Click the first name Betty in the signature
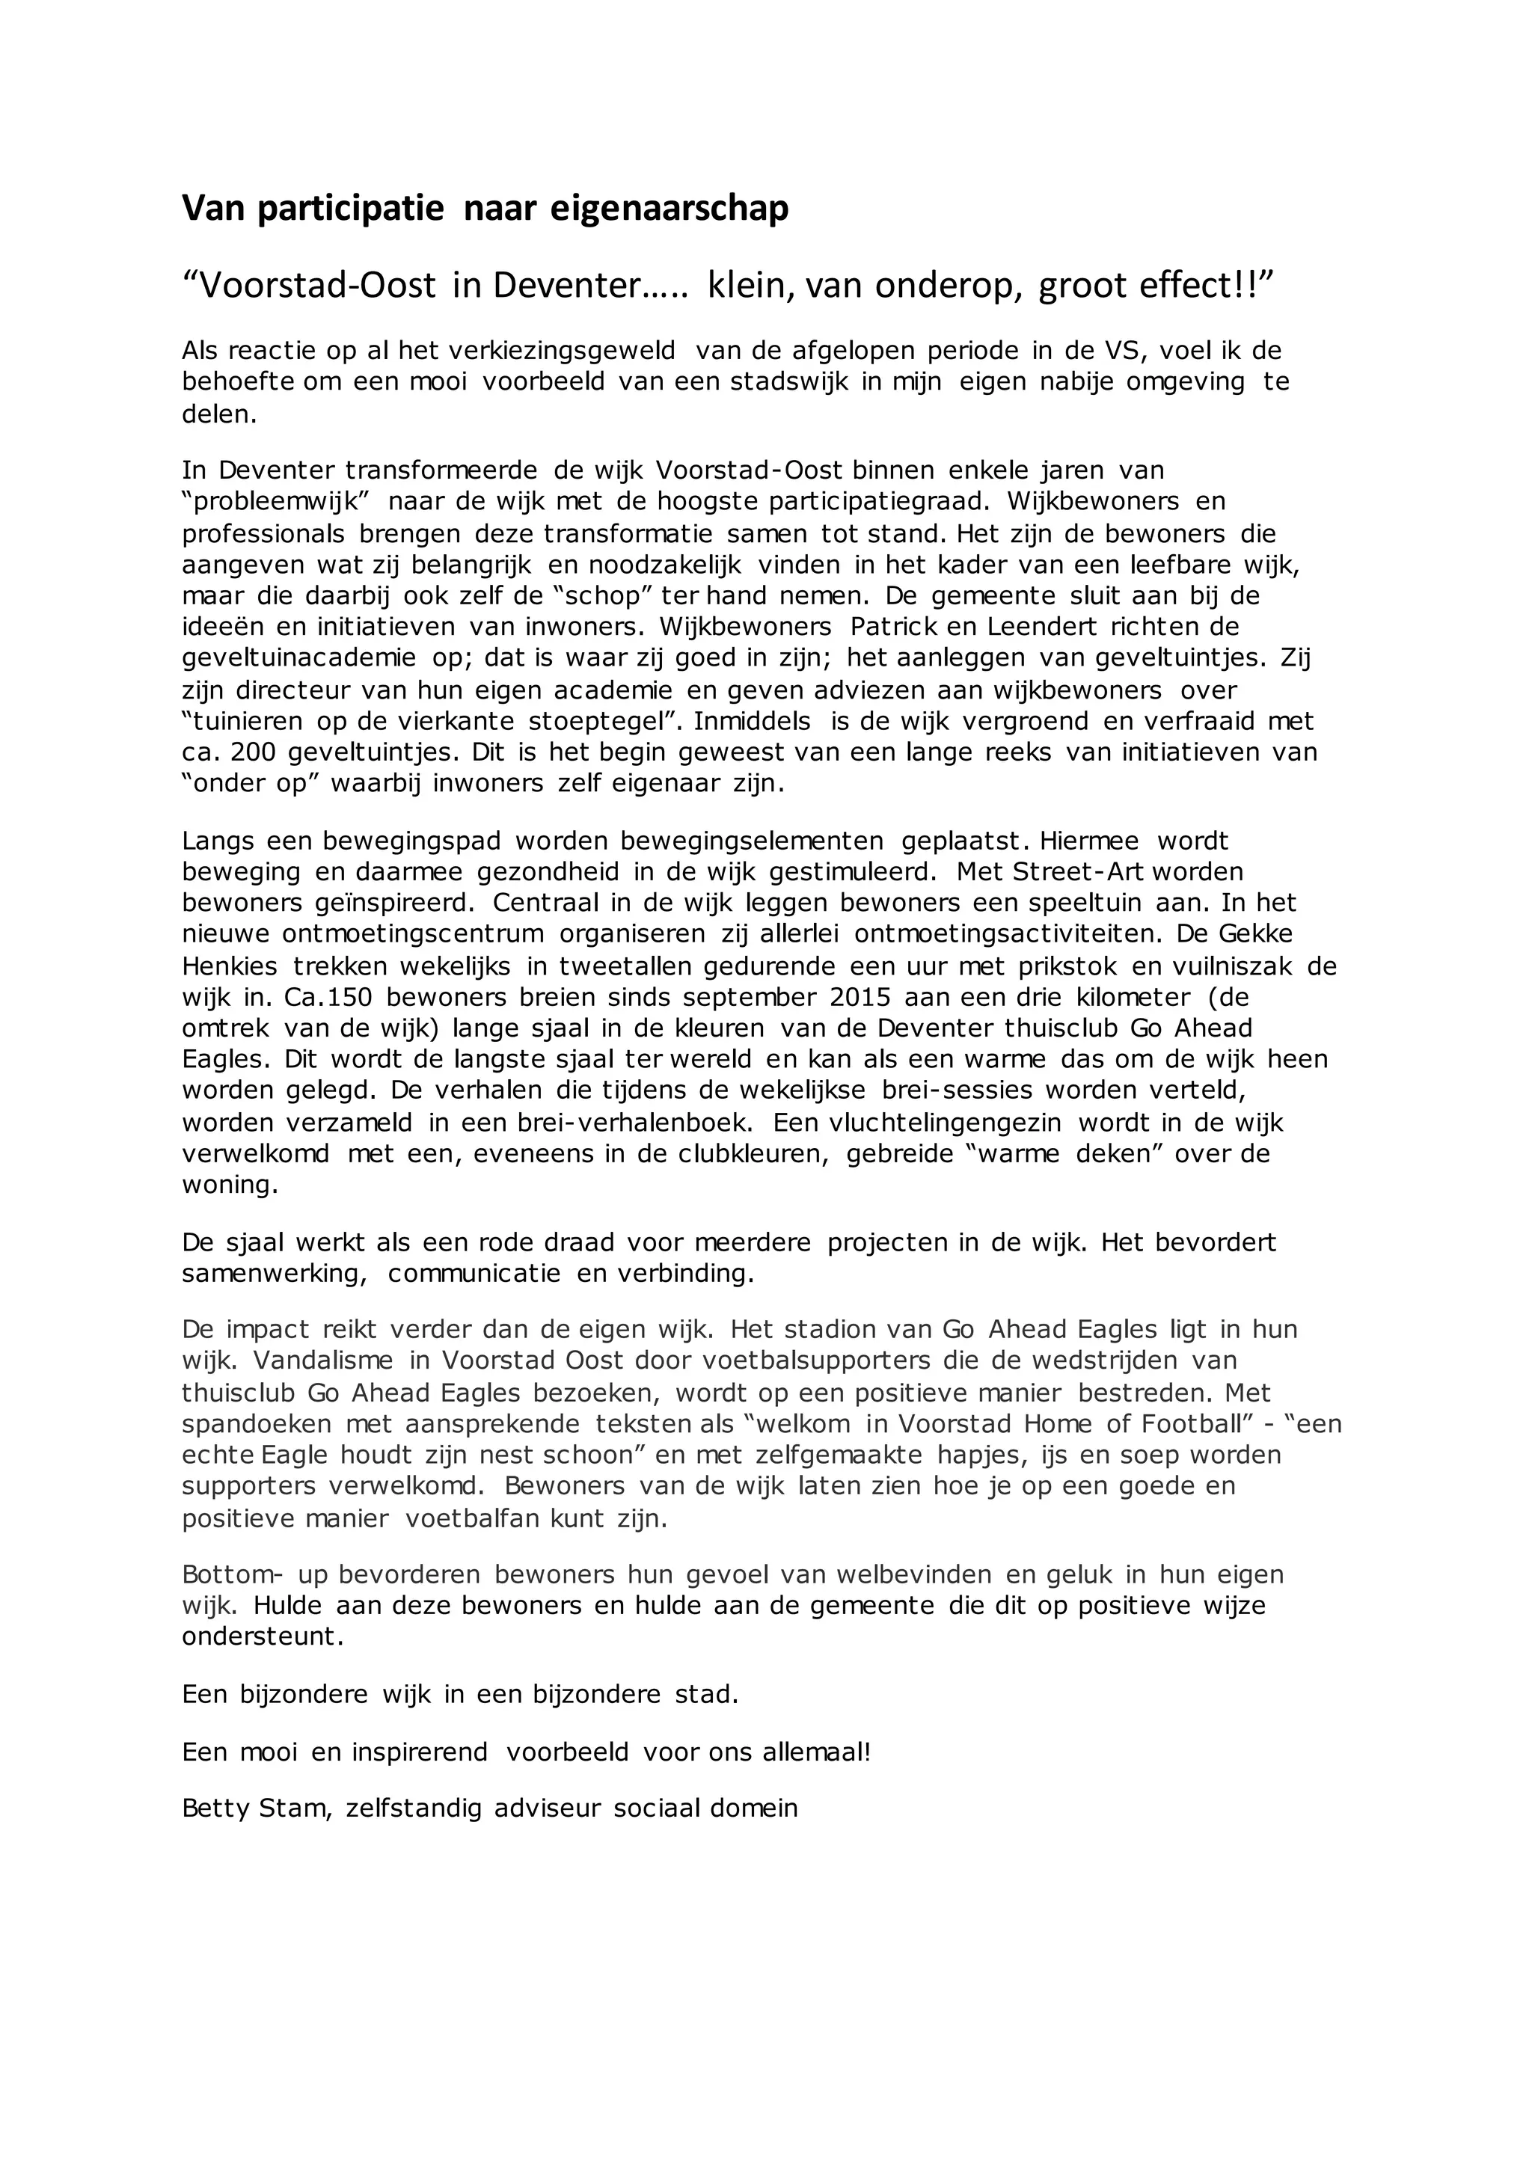click(212, 1808)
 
